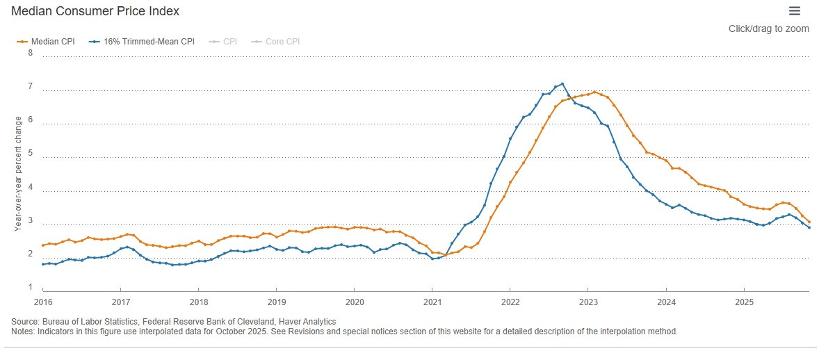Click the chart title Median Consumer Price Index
pyautogui.click(x=95, y=11)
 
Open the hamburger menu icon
pyautogui.click(x=795, y=10)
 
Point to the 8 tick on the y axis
pyautogui.click(x=30, y=53)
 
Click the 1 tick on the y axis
pyautogui.click(x=30, y=287)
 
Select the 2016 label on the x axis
pyautogui.click(x=42, y=303)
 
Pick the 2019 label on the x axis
pyautogui.click(x=276, y=303)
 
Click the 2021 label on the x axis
pyautogui.click(x=432, y=303)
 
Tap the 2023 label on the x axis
pyautogui.click(x=587, y=303)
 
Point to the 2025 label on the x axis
pyautogui.click(x=743, y=303)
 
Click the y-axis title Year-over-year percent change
pyautogui.click(x=18, y=173)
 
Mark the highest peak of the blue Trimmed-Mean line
pyautogui.click(x=562, y=84)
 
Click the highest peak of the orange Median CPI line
pyautogui.click(x=594, y=92)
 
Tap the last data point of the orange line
pyautogui.click(x=809, y=222)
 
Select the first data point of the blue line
pyautogui.click(x=43, y=264)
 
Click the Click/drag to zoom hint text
pyautogui.click(x=769, y=28)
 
